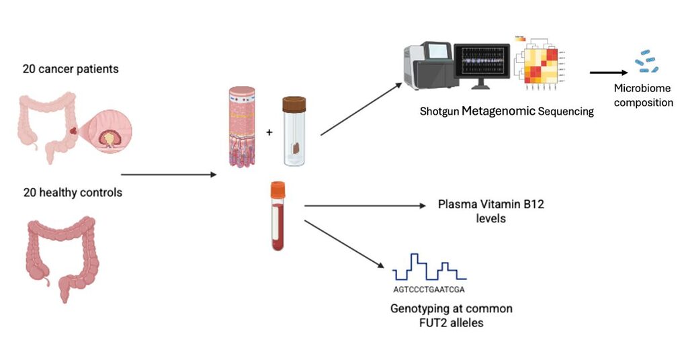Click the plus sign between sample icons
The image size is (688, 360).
270,132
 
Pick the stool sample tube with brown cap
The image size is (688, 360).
294,130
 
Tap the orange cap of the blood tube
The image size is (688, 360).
279,191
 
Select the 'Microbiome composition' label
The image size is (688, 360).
643,95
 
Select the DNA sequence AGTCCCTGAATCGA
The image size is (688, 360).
429,289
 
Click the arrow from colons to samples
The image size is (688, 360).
168,175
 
